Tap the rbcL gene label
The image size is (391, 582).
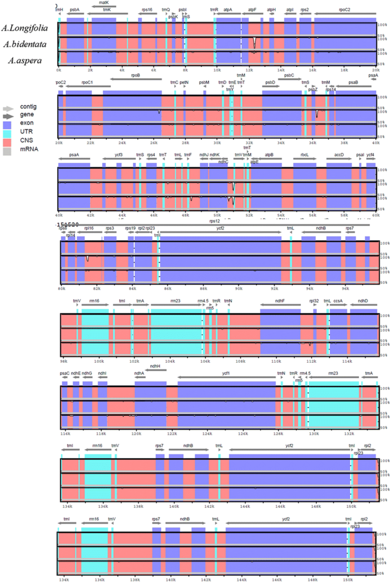304,154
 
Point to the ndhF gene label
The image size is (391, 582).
279,301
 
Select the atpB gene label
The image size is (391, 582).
269,154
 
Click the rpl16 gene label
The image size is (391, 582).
88,228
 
